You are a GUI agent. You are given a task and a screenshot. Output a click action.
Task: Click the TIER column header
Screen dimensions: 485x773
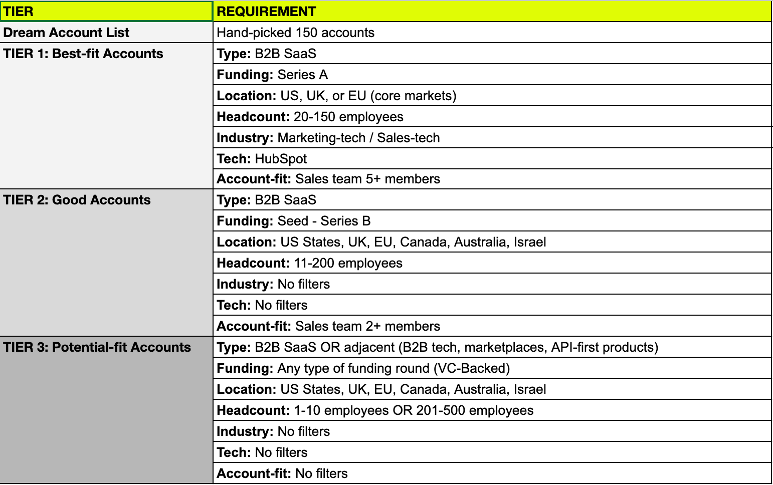(x=19, y=12)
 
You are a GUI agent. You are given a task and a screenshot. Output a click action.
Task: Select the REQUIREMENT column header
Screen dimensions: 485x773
(x=266, y=12)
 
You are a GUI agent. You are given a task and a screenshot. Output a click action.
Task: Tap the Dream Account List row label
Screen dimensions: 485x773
(x=66, y=33)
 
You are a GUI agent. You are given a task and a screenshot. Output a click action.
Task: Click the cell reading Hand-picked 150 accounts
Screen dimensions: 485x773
(x=295, y=33)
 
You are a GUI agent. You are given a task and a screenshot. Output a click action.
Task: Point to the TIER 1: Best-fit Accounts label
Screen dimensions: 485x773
(x=83, y=54)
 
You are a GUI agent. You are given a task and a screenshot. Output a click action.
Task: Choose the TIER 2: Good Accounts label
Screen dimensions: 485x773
(x=77, y=200)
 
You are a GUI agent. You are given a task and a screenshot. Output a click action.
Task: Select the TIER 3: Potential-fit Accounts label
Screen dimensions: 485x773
(x=97, y=347)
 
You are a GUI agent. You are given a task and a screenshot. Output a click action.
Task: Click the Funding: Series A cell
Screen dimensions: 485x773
(x=272, y=75)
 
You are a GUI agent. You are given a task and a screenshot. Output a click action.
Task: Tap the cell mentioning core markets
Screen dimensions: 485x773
(x=336, y=96)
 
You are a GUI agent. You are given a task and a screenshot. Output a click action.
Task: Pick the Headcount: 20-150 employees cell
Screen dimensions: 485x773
(x=310, y=117)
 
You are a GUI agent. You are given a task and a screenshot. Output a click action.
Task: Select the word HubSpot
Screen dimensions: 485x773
(x=281, y=159)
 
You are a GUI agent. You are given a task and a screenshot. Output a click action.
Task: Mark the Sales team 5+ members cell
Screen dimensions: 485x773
(x=328, y=179)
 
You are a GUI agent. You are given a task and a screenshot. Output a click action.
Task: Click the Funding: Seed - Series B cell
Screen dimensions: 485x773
(x=293, y=221)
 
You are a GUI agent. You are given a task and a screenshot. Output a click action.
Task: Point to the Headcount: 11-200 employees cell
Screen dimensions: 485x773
(x=309, y=263)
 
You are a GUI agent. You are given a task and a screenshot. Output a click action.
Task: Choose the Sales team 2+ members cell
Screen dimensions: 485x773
(x=328, y=326)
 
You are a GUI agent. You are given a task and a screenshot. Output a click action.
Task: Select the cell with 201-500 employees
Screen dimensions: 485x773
(x=374, y=410)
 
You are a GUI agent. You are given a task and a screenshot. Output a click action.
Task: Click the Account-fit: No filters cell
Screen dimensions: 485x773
(x=282, y=473)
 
